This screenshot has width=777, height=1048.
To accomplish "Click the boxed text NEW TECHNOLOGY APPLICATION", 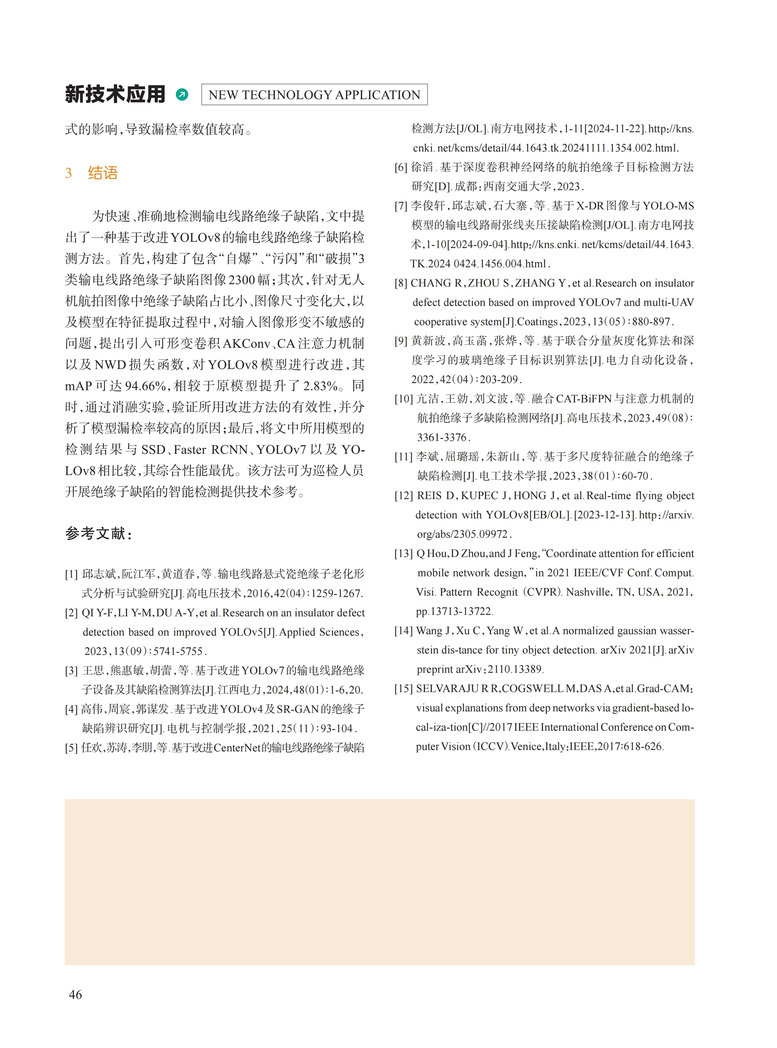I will click(314, 95).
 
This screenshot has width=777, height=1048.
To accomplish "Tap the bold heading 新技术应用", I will click(115, 94).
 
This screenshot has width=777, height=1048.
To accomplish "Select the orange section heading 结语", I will click(103, 173).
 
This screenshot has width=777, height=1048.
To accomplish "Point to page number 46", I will click(75, 994).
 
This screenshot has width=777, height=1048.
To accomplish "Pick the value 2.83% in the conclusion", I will click(320, 386).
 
